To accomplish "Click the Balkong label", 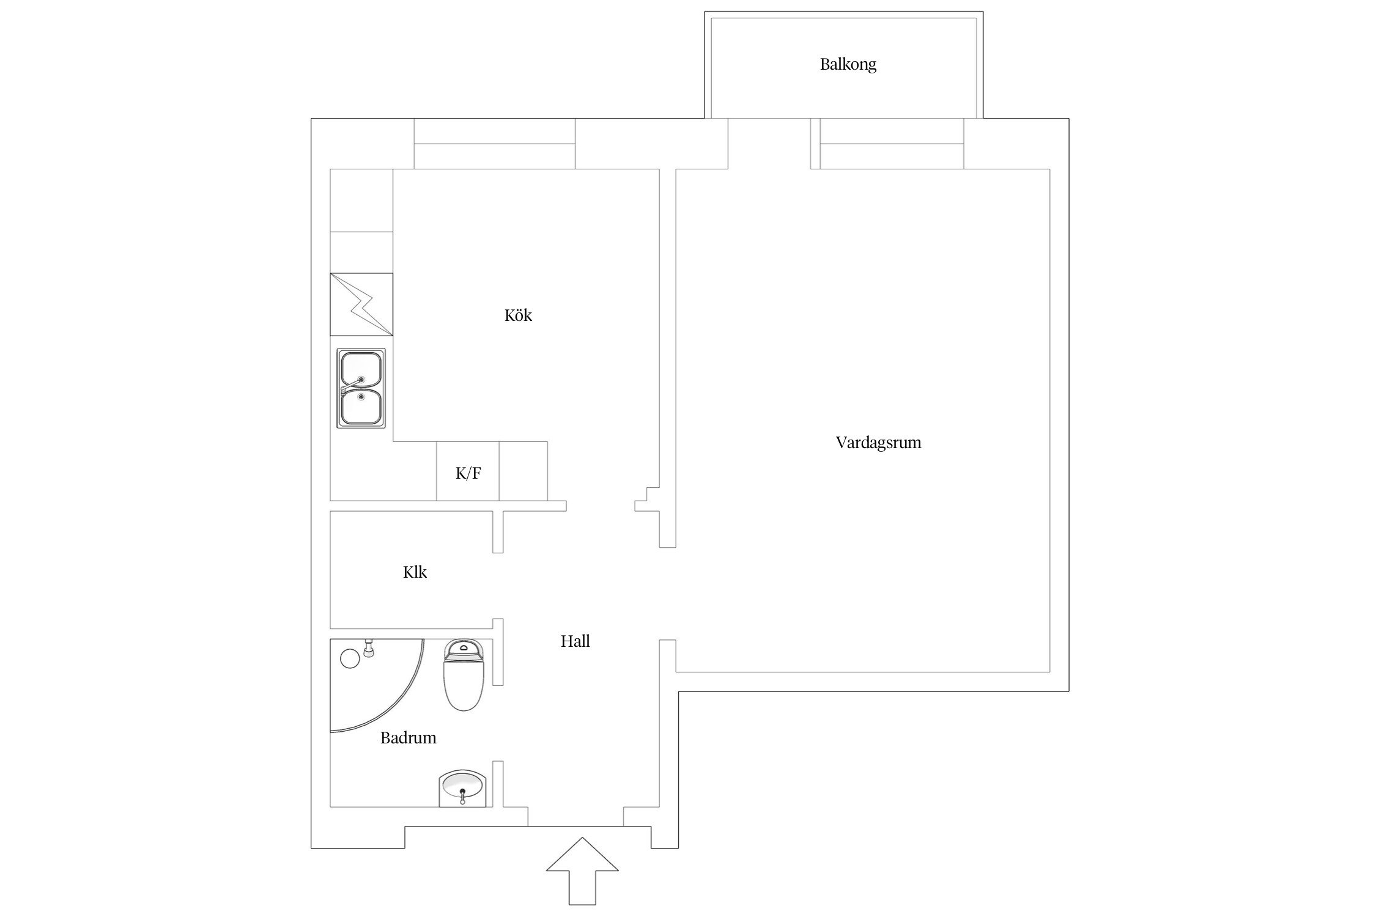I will [x=848, y=64].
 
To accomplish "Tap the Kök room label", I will [x=518, y=315].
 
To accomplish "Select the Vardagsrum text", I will [x=878, y=443].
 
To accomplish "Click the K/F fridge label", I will [x=468, y=473].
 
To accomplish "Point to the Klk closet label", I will [x=415, y=572].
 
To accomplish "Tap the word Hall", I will [x=575, y=641].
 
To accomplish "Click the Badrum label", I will [x=408, y=738].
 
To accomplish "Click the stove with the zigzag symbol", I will [x=361, y=304].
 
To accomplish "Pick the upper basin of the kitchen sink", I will [x=361, y=369].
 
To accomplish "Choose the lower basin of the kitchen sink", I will [x=361, y=406].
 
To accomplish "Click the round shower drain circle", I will [x=349, y=658].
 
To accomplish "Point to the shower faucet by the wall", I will [x=369, y=648].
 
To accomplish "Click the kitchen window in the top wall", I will [x=494, y=144].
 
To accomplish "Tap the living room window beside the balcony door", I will [x=891, y=144].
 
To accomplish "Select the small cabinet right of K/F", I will [x=523, y=471].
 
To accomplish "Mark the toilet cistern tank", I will [x=464, y=652].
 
